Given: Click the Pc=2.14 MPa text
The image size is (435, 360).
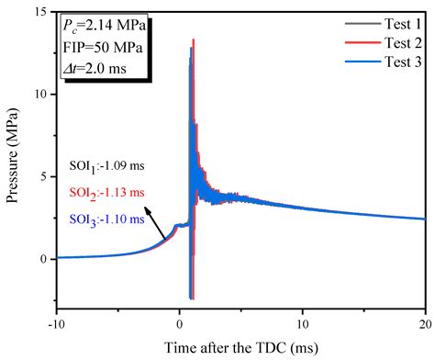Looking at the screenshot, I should (99, 21).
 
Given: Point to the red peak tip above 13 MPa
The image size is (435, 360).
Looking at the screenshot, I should (194, 40).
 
